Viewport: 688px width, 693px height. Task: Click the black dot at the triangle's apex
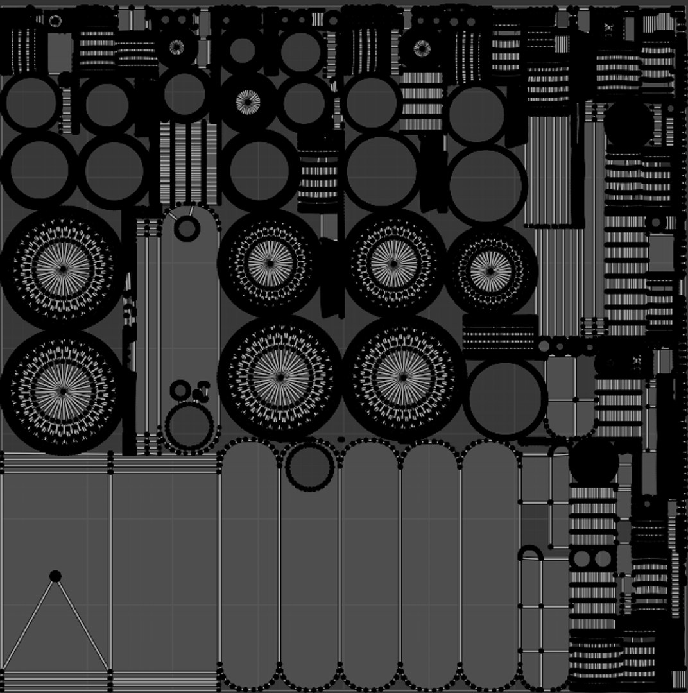pyautogui.click(x=55, y=576)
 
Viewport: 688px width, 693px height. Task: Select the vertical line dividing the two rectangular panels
pyautogui.click(x=111, y=571)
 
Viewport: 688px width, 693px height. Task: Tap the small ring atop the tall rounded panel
pyautogui.click(x=187, y=228)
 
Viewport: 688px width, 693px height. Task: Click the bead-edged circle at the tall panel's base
pyautogui.click(x=189, y=427)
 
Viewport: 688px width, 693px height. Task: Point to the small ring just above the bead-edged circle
pyautogui.click(x=180, y=389)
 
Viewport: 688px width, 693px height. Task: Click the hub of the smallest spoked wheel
pyautogui.click(x=491, y=269)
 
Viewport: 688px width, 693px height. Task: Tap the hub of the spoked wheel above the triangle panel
pyautogui.click(x=62, y=389)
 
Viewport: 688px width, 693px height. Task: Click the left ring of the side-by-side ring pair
pyautogui.click(x=581, y=559)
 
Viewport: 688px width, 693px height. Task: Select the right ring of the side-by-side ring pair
pyautogui.click(x=603, y=559)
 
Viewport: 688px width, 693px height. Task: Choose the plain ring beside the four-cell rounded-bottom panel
pyautogui.click(x=505, y=398)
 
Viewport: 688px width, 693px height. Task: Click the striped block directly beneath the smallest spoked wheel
pyautogui.click(x=499, y=336)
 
